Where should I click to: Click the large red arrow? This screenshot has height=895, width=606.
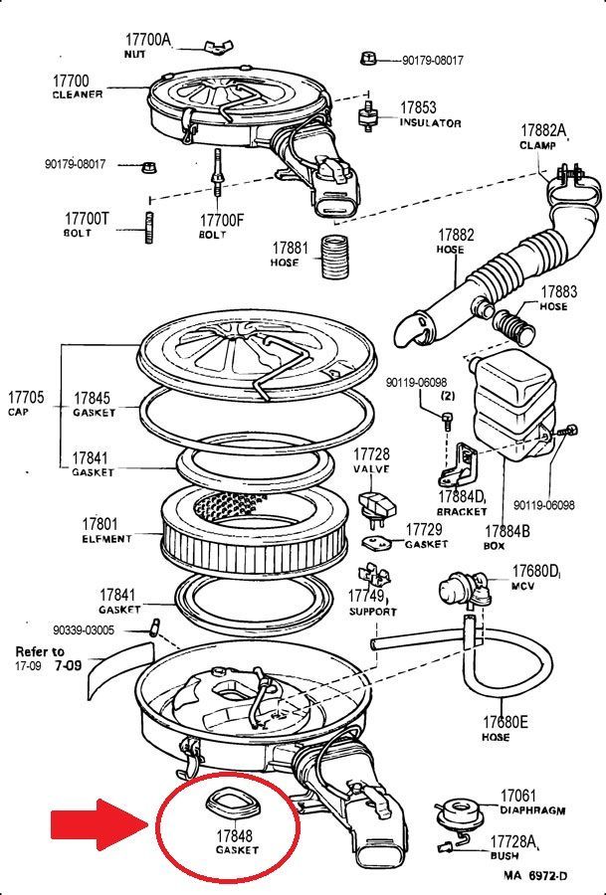pos(98,824)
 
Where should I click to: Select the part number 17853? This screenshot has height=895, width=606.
pos(418,107)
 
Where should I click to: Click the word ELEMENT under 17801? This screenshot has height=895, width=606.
pos(106,538)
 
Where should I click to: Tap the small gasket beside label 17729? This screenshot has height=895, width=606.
pos(377,541)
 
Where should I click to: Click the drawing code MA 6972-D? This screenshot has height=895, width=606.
pos(535,875)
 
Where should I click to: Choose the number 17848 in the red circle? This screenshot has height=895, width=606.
pos(234,835)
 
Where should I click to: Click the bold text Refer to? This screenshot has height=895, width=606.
pos(40,651)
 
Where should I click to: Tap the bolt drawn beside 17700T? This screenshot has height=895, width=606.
pos(149,228)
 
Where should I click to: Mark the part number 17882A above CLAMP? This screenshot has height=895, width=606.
pos(543,130)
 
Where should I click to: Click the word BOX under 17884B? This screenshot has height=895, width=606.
pos(494,545)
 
